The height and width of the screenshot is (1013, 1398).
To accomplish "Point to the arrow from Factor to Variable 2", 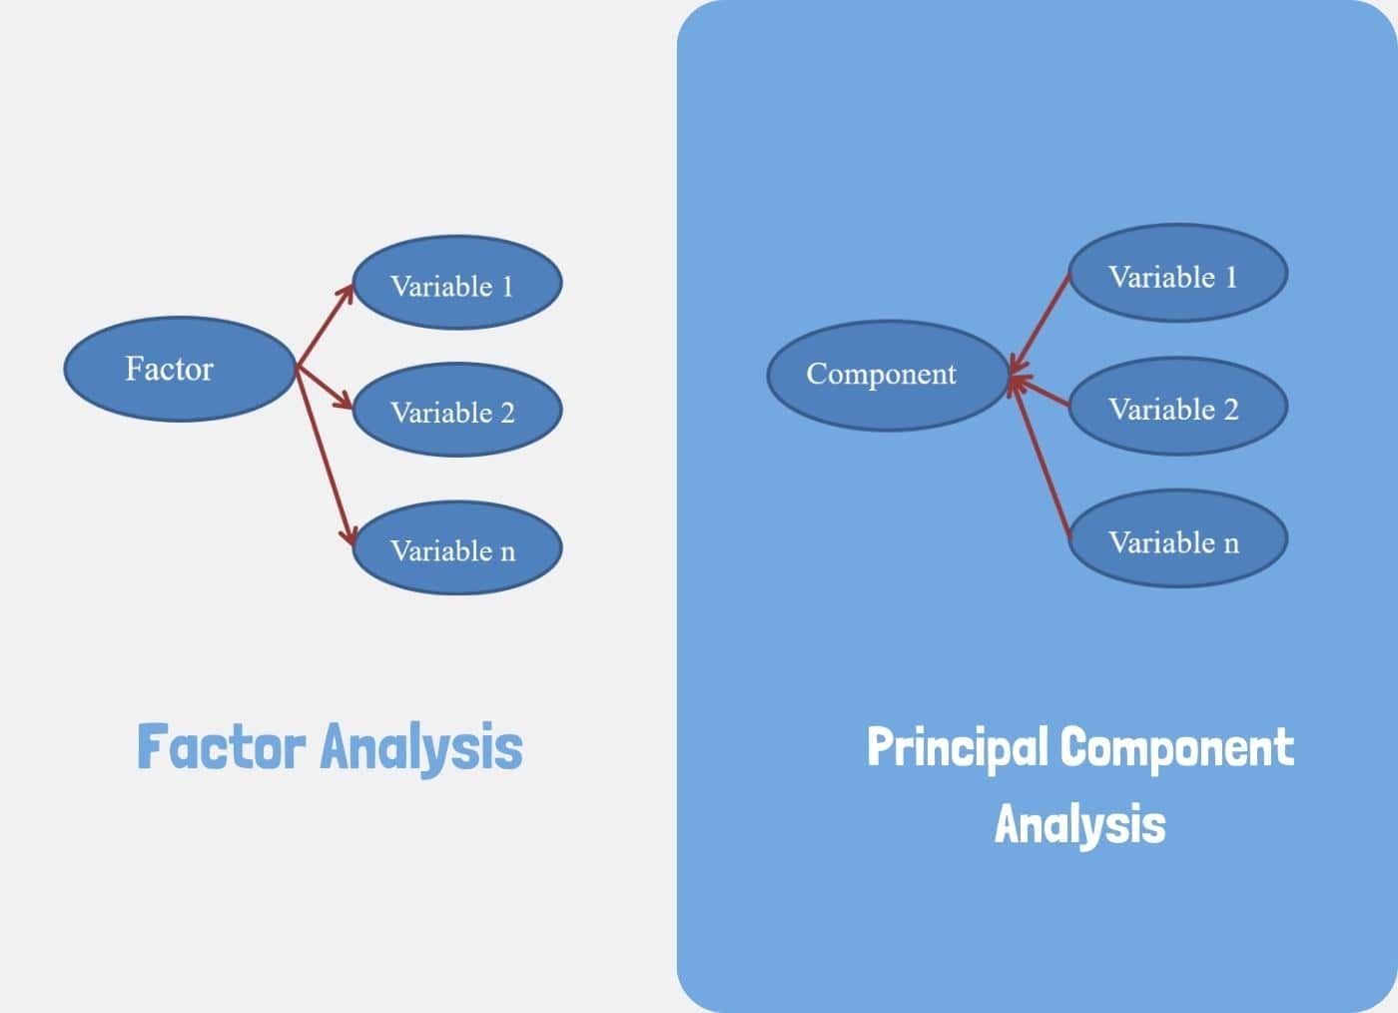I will [x=326, y=388].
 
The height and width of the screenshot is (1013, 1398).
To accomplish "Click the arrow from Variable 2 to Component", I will [x=1041, y=391].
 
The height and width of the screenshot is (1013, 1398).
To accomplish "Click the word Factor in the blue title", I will [x=221, y=746].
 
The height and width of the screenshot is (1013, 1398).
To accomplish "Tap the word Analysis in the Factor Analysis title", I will [x=421, y=748].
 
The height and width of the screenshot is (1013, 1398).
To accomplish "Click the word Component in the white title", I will [x=1177, y=748].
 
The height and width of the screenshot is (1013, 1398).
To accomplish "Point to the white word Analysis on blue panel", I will [x=1079, y=825].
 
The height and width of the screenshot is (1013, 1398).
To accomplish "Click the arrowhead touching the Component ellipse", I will [x=1015, y=379].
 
